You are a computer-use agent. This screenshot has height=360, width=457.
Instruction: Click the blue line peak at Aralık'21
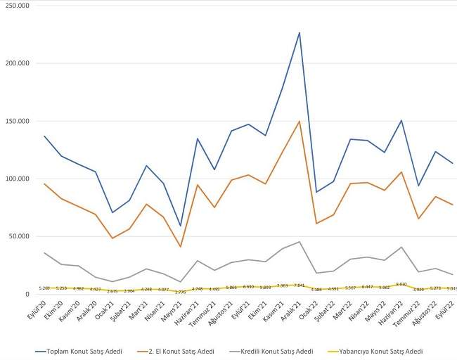[300, 32]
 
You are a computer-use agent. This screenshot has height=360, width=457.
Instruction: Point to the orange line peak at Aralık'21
[300, 121]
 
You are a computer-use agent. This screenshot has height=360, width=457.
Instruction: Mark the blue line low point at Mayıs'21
[179, 226]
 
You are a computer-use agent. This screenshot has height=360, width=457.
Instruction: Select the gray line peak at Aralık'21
[300, 241]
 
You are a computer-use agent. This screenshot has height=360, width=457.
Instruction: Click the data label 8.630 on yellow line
[401, 284]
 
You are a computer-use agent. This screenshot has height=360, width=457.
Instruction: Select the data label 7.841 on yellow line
[299, 285]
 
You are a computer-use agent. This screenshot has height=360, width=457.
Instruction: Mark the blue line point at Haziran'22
[401, 120]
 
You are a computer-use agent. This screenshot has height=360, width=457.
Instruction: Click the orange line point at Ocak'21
[111, 238]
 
